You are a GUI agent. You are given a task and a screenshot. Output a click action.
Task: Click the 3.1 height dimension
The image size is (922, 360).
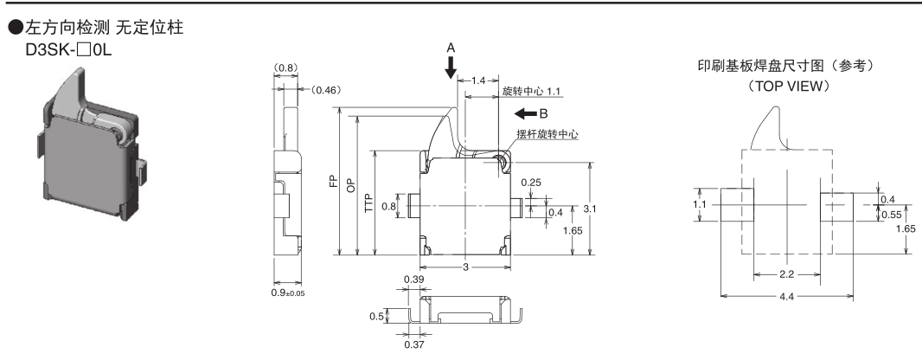tap(590, 209)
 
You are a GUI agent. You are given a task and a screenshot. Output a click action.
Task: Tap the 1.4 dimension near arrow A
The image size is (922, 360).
tap(480, 80)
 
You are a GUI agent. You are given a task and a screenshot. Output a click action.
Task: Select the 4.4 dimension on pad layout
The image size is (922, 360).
tap(788, 298)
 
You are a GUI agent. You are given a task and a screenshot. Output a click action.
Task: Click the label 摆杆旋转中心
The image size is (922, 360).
tap(547, 134)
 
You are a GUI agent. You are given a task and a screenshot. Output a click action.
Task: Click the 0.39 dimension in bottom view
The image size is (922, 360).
tap(414, 280)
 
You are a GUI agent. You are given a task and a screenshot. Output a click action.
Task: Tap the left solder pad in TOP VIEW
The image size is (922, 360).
tap(736, 205)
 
